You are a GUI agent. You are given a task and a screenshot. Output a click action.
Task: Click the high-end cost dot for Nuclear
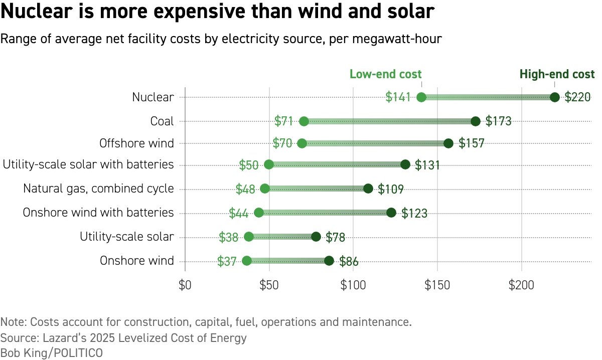pyautogui.click(x=554, y=97)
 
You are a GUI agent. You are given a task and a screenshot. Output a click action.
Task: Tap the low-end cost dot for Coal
pyautogui.click(x=304, y=121)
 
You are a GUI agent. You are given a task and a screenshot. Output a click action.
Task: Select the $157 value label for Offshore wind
pyautogui.click(x=472, y=143)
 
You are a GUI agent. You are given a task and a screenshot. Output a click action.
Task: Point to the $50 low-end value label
pyautogui.click(x=249, y=165)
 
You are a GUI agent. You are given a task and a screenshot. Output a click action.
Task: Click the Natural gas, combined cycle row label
pyautogui.click(x=98, y=189)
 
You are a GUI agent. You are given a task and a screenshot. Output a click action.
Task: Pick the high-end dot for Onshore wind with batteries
pyautogui.click(x=391, y=213)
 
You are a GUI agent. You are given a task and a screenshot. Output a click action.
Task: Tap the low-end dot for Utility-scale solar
pyautogui.click(x=249, y=237)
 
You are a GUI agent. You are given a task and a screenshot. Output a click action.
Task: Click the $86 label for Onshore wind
pyautogui.click(x=349, y=261)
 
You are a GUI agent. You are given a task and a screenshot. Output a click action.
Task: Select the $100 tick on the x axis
pyautogui.click(x=353, y=286)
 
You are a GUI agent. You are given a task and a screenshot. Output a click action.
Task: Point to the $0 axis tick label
pyautogui.click(x=185, y=286)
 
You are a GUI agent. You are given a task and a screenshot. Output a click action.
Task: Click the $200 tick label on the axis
pyautogui.click(x=522, y=286)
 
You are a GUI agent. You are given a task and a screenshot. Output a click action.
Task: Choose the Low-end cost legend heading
pyautogui.click(x=385, y=75)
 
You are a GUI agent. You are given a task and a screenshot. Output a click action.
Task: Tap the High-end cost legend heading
pyautogui.click(x=557, y=75)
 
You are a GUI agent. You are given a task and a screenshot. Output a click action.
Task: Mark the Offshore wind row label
pyautogui.click(x=136, y=143)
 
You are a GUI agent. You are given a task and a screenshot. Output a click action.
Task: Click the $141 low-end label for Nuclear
pyautogui.click(x=398, y=97)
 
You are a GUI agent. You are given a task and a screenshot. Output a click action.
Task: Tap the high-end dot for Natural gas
pyautogui.click(x=368, y=189)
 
